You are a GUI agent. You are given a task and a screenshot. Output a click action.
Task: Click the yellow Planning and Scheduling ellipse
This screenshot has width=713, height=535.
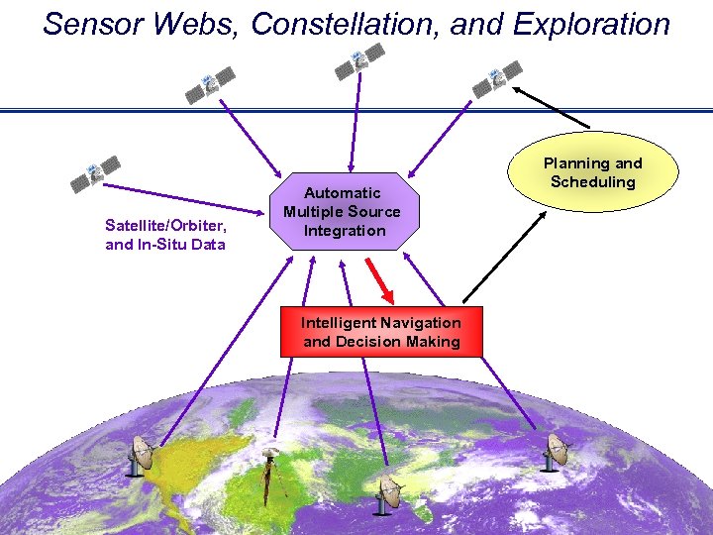coord(592,172)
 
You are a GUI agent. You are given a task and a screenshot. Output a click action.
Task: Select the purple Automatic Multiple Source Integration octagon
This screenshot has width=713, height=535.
coord(342,212)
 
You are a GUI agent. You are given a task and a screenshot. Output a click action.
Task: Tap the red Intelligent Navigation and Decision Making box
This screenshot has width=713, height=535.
coord(381,332)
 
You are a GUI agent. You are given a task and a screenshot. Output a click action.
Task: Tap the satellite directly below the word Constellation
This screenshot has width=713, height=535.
coord(358,61)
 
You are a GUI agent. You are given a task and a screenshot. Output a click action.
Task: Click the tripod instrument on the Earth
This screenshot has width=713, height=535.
coord(267,474)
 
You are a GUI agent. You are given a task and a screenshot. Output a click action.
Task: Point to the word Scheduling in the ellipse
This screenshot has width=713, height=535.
coord(592,182)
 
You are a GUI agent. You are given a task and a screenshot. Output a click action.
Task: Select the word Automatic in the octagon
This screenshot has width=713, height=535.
coord(342,193)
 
